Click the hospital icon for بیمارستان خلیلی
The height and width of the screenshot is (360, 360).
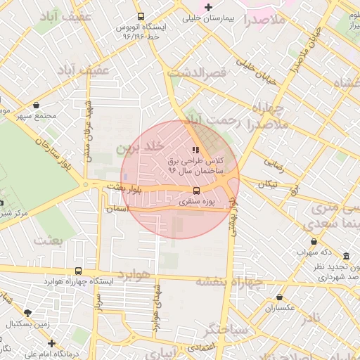point(207,8)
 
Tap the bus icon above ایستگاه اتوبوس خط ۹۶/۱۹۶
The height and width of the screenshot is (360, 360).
point(141,16)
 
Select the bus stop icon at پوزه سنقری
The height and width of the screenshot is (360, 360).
point(195,190)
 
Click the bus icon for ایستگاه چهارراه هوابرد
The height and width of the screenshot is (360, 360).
point(77,271)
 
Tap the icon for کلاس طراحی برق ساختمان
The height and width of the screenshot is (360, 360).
point(195,149)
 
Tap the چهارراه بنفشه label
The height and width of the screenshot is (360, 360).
point(229,281)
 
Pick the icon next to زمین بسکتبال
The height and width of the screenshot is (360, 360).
point(27,313)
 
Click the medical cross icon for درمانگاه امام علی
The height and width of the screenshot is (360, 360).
point(51,343)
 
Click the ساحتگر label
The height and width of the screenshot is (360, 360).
point(227,328)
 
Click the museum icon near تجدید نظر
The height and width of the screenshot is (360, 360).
point(346,257)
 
